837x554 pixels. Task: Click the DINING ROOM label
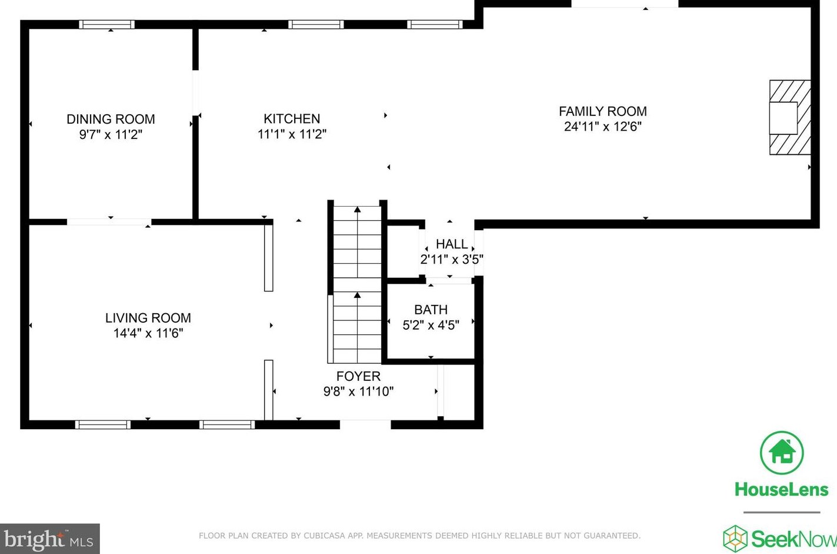tap(111, 119)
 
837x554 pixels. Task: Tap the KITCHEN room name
tap(292, 118)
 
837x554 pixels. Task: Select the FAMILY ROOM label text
tap(603, 111)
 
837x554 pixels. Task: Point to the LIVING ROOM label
tap(148, 317)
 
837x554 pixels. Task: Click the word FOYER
tap(358, 376)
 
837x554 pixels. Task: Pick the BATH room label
tap(431, 309)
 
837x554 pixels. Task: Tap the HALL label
tap(452, 244)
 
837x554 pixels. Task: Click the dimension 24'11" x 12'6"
tap(603, 127)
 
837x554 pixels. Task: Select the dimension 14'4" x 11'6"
tap(148, 333)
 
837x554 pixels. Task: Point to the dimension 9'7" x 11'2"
tap(111, 134)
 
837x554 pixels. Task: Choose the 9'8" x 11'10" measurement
tap(358, 392)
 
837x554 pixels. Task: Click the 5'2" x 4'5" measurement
tap(431, 325)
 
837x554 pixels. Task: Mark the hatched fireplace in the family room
tap(790, 117)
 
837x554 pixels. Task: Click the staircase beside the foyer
tap(357, 284)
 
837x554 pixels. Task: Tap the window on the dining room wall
tap(107, 25)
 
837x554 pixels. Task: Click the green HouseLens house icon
tap(782, 453)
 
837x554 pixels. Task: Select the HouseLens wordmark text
tap(782, 490)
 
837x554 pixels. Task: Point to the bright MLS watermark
tap(49, 539)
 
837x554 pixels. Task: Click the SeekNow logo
tap(780, 539)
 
